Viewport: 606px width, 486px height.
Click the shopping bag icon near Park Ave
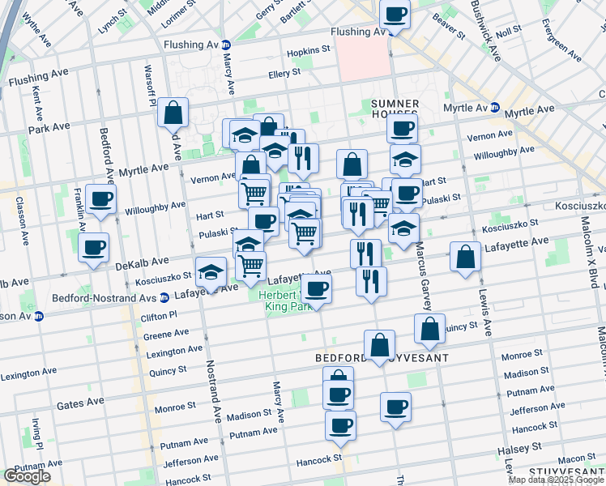[174, 113]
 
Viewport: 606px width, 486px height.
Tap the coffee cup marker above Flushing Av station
[395, 15]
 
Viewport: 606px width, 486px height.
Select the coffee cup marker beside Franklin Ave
[101, 201]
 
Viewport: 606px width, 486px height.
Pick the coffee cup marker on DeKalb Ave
[94, 248]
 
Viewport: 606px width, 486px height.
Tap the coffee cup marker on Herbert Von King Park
[317, 289]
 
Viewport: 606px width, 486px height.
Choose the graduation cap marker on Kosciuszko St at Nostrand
[211, 272]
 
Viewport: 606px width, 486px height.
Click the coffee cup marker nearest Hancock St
[340, 424]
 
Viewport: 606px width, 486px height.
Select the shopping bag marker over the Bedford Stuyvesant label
[379, 345]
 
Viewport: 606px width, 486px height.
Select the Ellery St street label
[285, 73]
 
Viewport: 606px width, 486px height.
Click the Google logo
[27, 476]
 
